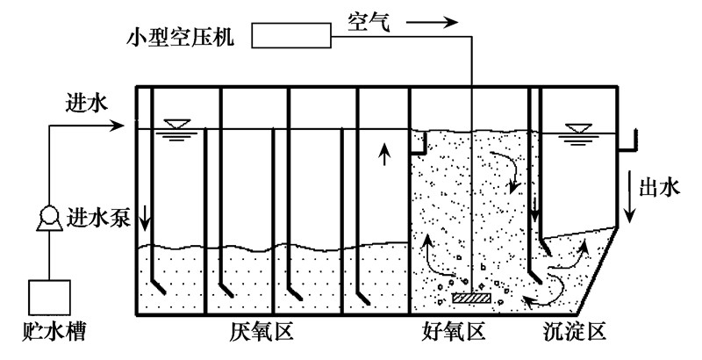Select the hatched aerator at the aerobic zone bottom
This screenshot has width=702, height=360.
coord(472,299)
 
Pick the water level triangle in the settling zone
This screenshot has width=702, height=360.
coord(577,132)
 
